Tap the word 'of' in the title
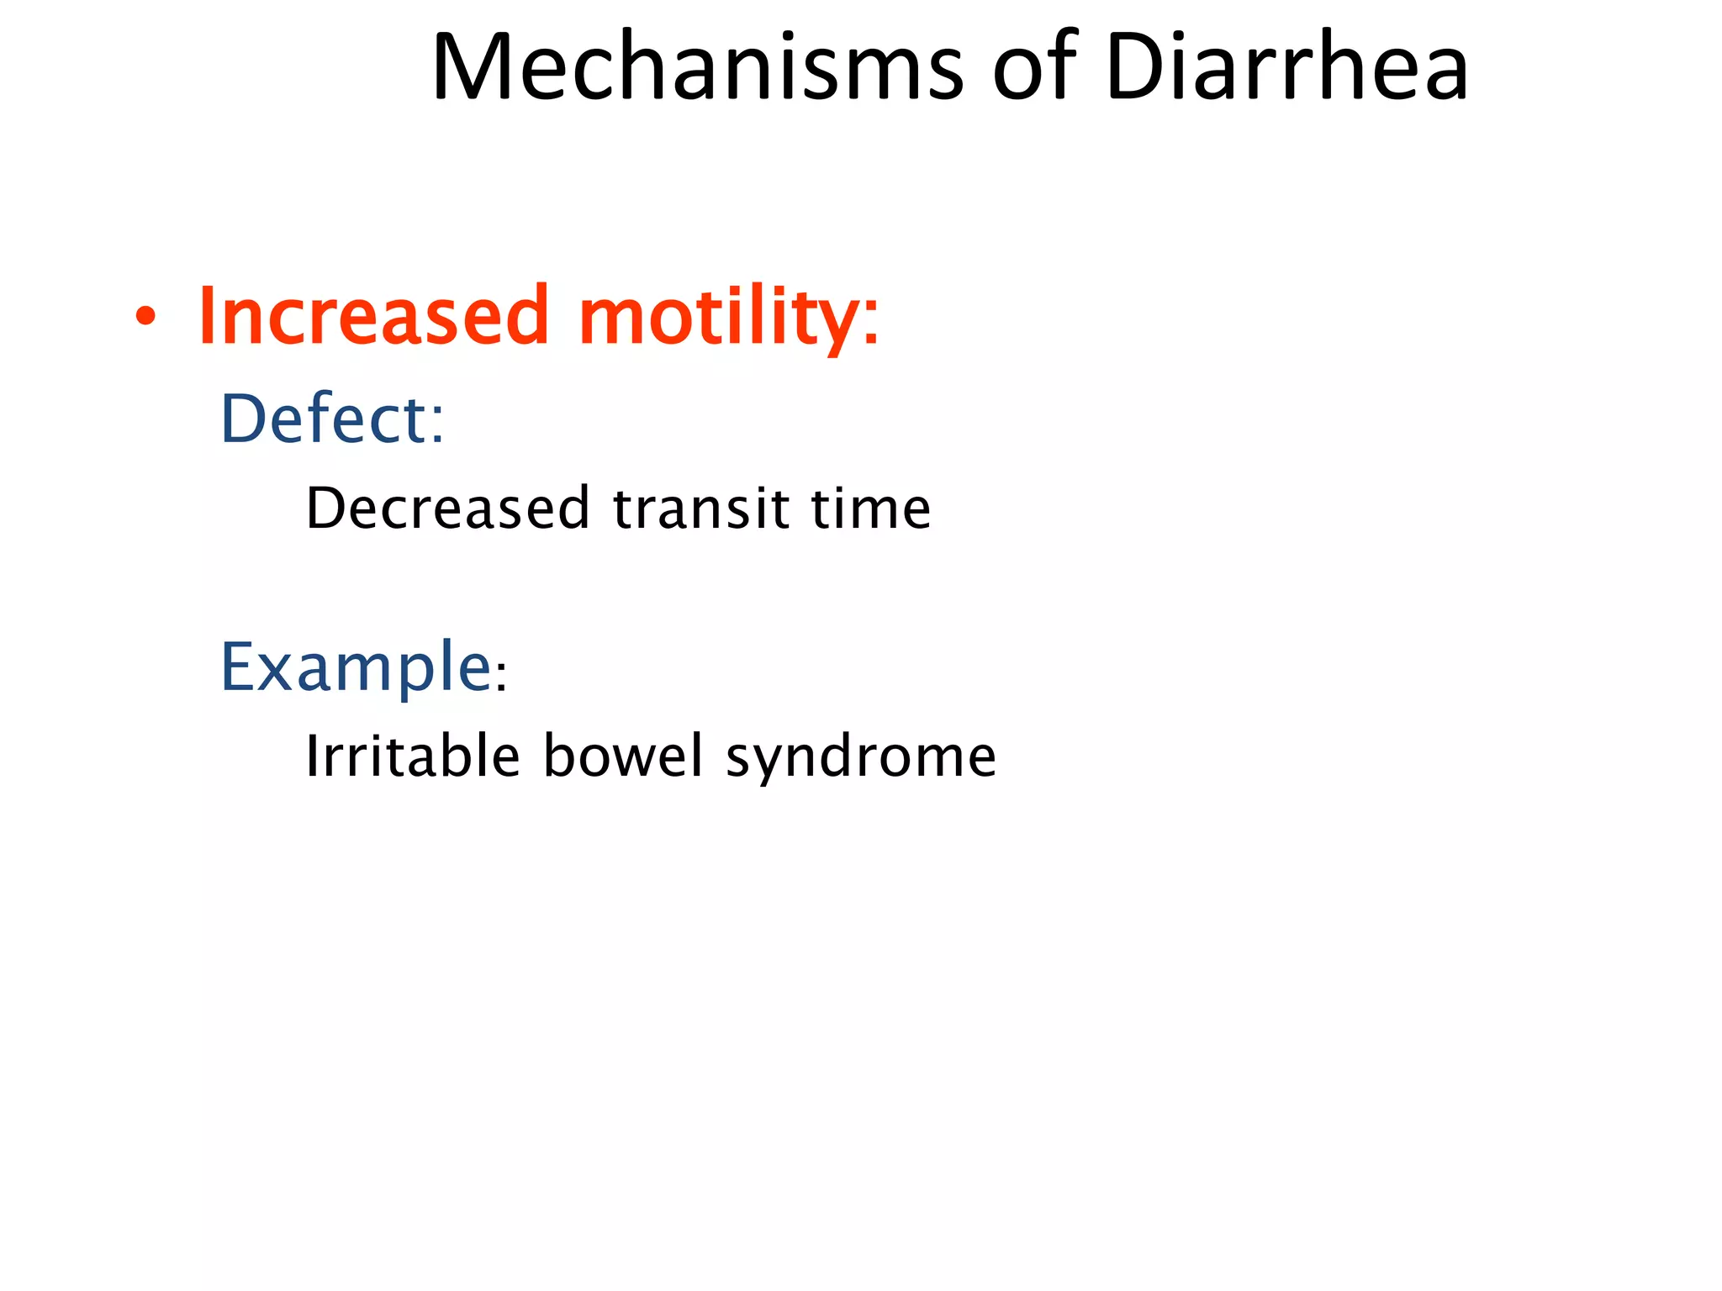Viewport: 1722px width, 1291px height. [x=1034, y=67]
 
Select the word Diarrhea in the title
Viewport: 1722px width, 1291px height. [x=1286, y=67]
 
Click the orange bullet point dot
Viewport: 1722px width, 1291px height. [x=145, y=317]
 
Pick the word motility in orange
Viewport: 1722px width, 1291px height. [x=719, y=317]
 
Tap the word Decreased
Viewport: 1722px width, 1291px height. [x=447, y=509]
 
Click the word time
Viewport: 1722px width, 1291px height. [x=870, y=509]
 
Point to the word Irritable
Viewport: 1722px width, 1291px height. [x=412, y=756]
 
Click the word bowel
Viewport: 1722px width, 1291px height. [x=622, y=756]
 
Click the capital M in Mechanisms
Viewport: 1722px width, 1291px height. [x=474, y=67]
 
